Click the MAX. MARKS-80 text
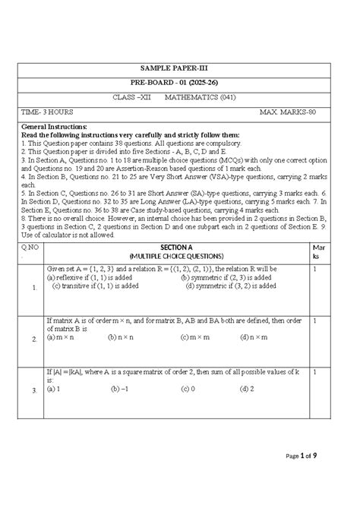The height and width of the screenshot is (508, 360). (292, 111)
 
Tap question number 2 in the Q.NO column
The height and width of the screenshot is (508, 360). (34, 339)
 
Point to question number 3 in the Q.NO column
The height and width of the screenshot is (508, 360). (34, 390)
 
